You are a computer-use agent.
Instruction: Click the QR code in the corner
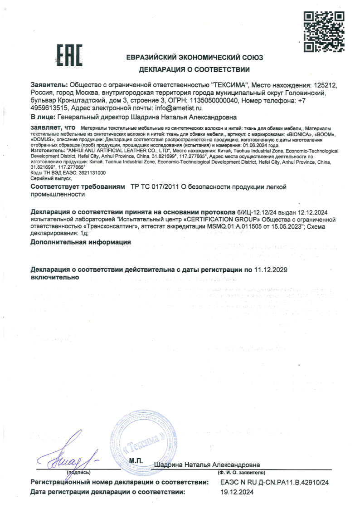coord(324,31)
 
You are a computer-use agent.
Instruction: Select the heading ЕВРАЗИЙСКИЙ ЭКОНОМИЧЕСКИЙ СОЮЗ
coord(195,58)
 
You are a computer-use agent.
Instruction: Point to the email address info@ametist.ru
coord(178,108)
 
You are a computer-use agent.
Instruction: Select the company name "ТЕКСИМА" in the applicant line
coord(230,85)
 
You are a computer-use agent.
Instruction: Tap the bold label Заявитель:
coord(49,85)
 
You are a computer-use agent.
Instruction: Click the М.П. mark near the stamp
coord(136,461)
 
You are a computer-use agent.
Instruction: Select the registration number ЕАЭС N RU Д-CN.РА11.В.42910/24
coord(274,482)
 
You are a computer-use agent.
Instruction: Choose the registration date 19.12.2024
coord(237,492)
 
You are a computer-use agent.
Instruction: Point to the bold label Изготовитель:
coord(47,149)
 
